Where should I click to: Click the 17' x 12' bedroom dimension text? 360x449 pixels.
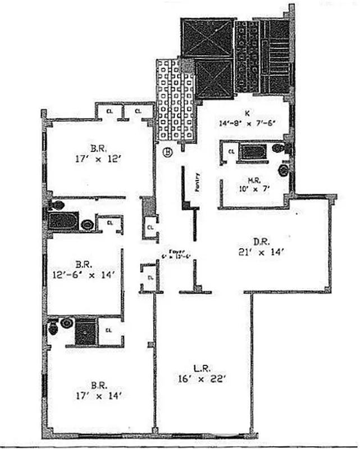click(95, 159)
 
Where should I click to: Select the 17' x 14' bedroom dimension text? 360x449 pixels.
click(95, 395)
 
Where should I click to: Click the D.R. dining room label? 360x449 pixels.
click(259, 241)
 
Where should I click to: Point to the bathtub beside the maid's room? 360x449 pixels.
click(253, 152)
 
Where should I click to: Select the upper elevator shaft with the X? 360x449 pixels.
click(207, 38)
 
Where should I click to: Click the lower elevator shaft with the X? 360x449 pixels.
click(213, 78)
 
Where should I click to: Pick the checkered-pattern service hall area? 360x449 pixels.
click(175, 101)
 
